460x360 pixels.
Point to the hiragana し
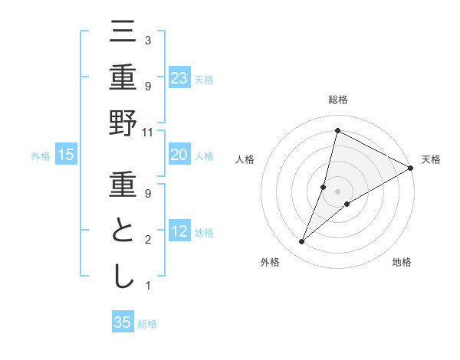pyautogui.click(x=123, y=276)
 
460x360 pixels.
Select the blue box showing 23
pyautogui.click(x=179, y=77)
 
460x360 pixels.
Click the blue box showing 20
pyautogui.click(x=179, y=155)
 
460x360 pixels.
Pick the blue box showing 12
pyautogui.click(x=179, y=232)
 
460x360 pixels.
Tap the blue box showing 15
pyautogui.click(x=66, y=155)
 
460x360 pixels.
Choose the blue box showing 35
pyautogui.click(x=123, y=322)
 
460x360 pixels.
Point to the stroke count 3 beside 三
pyautogui.click(x=147, y=40)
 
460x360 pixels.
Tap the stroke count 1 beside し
pyautogui.click(x=147, y=286)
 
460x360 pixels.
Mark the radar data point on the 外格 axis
pyautogui.click(x=302, y=242)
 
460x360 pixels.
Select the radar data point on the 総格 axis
pyautogui.click(x=337, y=130)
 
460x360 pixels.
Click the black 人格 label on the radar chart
pyautogui.click(x=245, y=159)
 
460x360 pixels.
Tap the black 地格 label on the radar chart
pyautogui.click(x=402, y=262)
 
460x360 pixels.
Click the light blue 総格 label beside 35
pyautogui.click(x=147, y=324)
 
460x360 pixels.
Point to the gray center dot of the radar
pyautogui.click(x=337, y=191)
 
